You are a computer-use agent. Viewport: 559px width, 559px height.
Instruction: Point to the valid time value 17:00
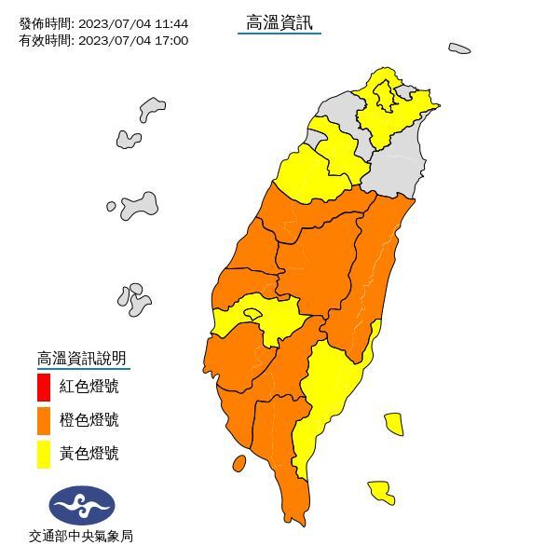(172, 40)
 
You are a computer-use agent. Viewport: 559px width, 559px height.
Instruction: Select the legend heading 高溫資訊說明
(81, 358)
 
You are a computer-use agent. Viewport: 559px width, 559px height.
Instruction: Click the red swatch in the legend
(44, 386)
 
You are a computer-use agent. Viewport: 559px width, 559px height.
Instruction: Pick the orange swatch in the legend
(44, 420)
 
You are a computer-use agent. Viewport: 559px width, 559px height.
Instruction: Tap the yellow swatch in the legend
(44, 454)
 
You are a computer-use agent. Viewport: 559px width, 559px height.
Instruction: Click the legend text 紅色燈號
(89, 386)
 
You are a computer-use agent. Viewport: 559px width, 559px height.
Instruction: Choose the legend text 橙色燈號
(89, 420)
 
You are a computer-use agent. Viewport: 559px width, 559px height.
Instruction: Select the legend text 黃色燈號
(89, 454)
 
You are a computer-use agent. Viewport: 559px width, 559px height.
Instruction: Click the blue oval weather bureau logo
(82, 506)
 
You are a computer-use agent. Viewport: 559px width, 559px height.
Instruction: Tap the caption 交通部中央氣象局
(81, 537)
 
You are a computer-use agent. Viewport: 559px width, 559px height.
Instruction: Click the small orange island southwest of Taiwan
(239, 462)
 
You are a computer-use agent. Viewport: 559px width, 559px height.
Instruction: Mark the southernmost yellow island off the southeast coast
(380, 491)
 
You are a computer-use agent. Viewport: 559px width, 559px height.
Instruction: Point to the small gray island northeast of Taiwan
(459, 48)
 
